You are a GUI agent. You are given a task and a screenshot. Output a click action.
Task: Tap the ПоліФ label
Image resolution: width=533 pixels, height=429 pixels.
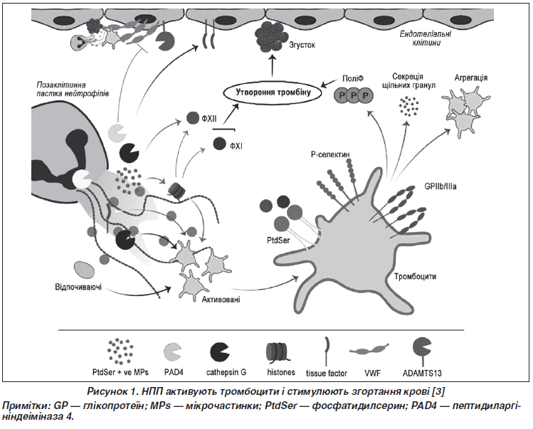353,75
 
